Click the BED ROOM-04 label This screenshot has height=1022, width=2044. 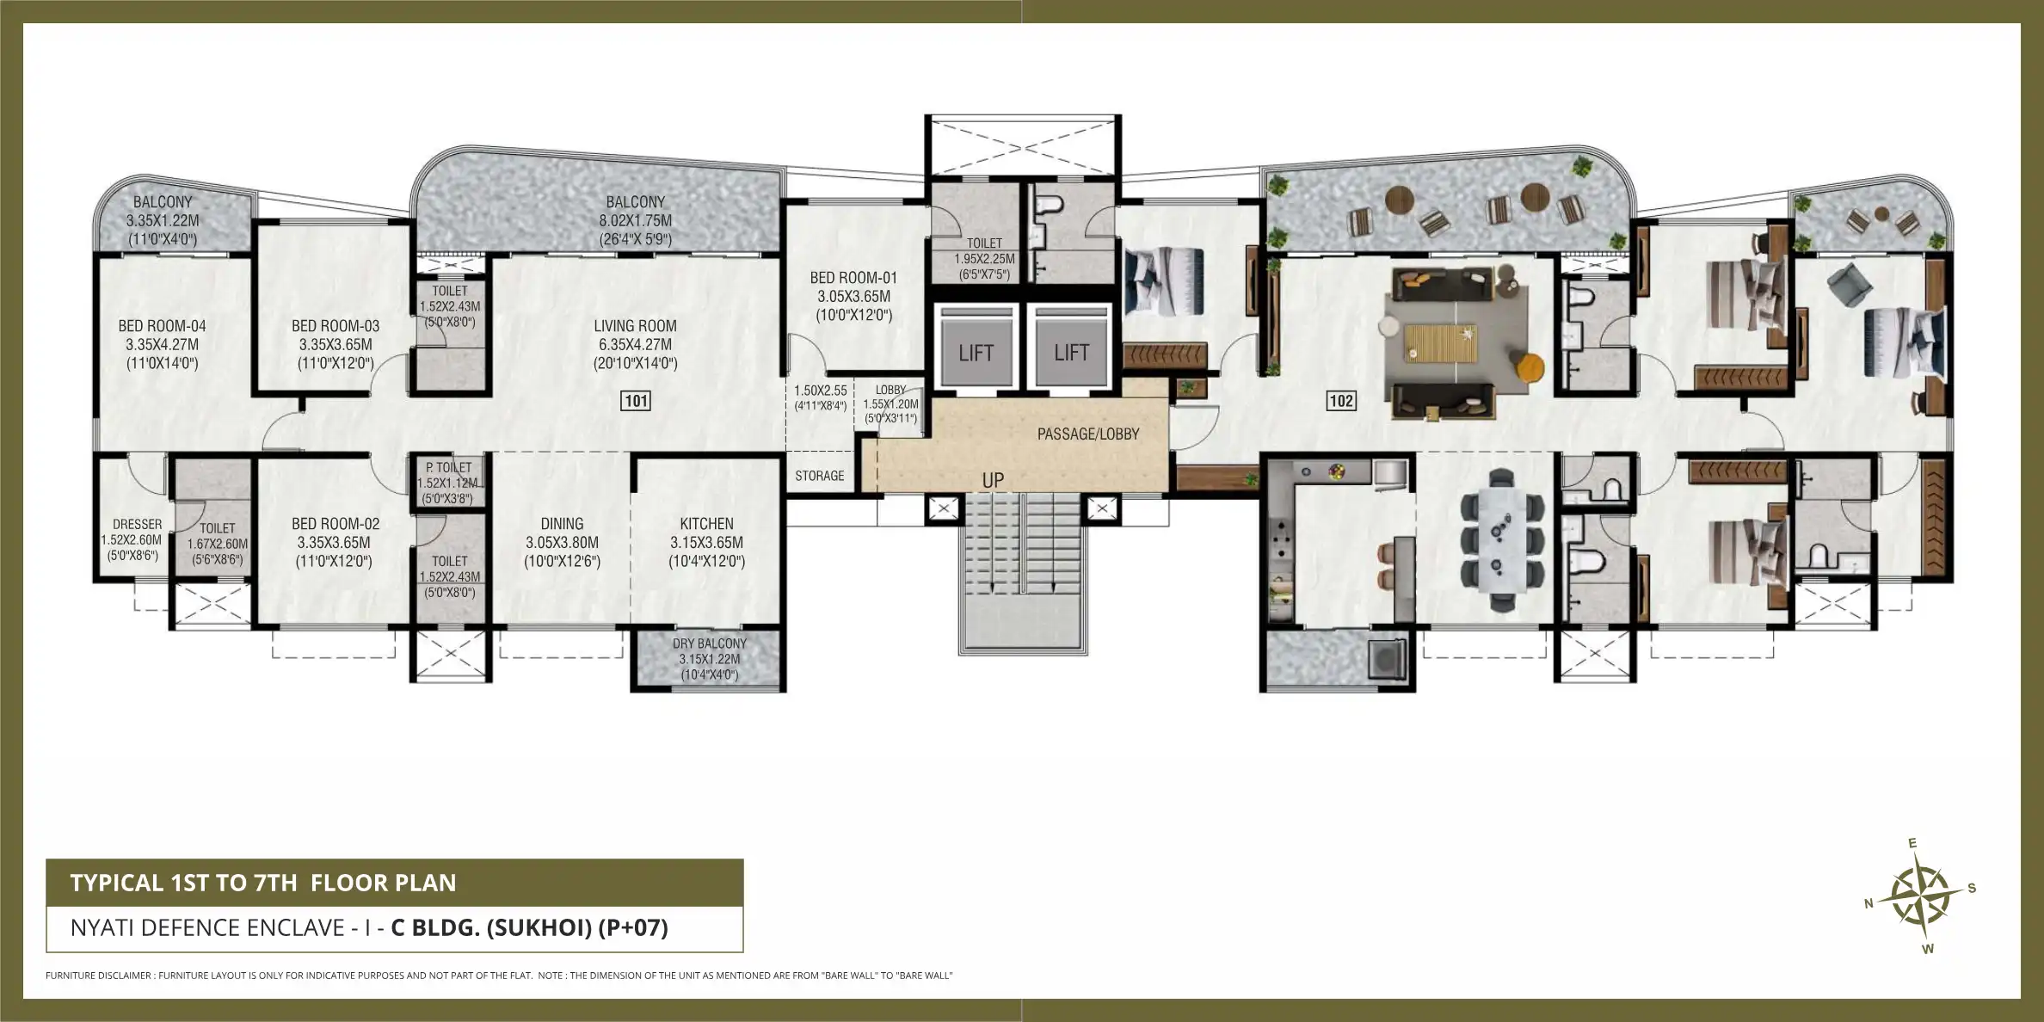162,326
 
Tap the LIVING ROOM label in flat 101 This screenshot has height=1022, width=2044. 635,326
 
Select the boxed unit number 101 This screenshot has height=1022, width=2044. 636,401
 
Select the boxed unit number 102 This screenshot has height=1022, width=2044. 1341,401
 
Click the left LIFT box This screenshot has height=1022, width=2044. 976,352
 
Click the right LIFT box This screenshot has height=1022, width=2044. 1071,352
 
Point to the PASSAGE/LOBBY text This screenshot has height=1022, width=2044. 1087,434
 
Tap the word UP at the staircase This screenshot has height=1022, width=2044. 993,480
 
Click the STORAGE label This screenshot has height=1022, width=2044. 819,476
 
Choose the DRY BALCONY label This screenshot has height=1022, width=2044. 709,643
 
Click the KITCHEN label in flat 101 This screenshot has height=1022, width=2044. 706,524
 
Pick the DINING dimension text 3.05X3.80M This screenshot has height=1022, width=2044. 562,543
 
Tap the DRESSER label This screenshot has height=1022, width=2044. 137,524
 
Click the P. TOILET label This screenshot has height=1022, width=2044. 449,467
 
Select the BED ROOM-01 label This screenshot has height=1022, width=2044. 853,278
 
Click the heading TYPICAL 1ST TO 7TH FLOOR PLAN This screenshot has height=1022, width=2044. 263,883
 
